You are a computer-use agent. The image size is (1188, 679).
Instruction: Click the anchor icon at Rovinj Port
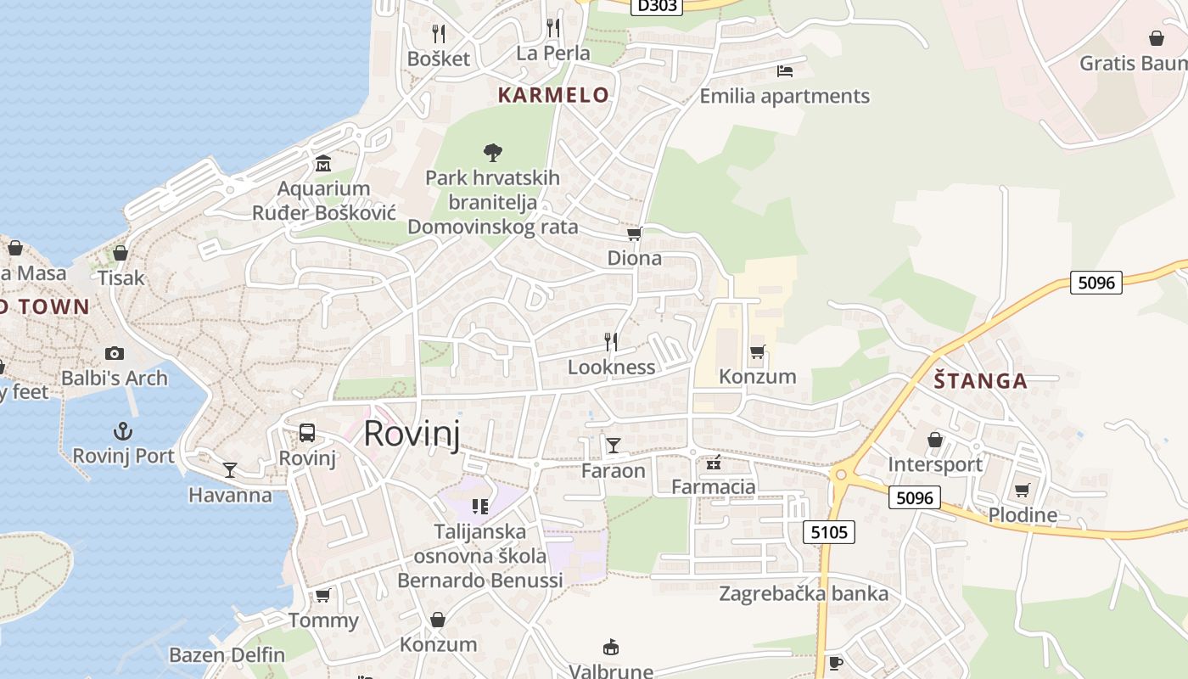click(x=124, y=431)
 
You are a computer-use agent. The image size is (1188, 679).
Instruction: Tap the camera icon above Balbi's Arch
click(x=115, y=353)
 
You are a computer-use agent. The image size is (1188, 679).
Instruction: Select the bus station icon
click(x=307, y=433)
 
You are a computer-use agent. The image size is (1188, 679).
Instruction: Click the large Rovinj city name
click(x=412, y=434)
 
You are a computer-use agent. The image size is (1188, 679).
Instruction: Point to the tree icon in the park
click(x=492, y=153)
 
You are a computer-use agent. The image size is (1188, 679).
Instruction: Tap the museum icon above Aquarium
click(x=323, y=163)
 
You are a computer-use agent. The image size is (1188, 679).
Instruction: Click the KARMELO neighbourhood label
click(x=553, y=95)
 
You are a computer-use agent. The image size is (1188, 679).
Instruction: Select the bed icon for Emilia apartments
click(x=785, y=71)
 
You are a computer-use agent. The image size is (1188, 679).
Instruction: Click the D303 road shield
click(x=657, y=6)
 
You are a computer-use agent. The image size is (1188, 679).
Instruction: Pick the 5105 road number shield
click(x=828, y=532)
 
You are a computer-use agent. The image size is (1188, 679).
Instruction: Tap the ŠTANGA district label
click(x=981, y=381)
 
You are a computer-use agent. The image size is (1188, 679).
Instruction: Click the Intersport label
click(x=935, y=464)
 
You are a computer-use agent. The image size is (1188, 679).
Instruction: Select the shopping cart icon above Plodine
click(x=1023, y=490)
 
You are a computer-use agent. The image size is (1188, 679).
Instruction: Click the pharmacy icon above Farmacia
click(x=714, y=463)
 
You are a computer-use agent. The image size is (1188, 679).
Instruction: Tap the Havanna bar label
click(x=230, y=495)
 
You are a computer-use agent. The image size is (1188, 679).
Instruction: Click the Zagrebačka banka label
click(x=804, y=593)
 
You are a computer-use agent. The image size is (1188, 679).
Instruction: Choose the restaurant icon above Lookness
click(x=611, y=342)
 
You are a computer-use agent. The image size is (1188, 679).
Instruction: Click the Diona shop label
click(x=635, y=258)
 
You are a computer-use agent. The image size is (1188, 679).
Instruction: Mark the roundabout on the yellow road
click(x=841, y=474)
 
